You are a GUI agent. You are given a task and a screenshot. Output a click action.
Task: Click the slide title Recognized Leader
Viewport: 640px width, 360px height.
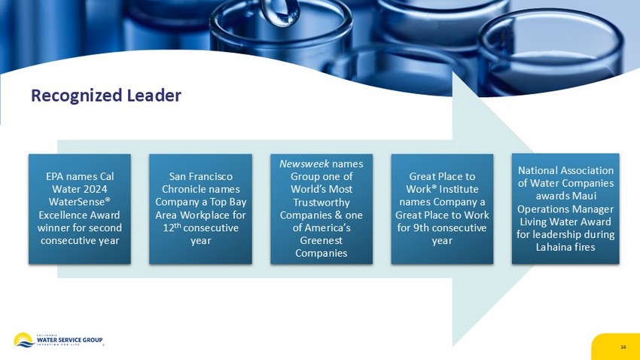coord(106,96)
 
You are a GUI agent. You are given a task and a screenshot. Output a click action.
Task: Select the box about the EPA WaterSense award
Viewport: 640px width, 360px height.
coord(80,209)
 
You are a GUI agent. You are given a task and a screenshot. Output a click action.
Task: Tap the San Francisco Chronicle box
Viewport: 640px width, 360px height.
coord(200,209)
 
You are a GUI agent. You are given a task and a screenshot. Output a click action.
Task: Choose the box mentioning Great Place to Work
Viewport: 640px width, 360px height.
coord(442,209)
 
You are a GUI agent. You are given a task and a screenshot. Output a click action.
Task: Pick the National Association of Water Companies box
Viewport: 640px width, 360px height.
coord(565,209)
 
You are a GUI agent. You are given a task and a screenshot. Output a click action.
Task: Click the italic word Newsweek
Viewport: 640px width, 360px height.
coord(304,163)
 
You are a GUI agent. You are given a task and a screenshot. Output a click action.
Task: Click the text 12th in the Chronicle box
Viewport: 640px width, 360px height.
coord(172,227)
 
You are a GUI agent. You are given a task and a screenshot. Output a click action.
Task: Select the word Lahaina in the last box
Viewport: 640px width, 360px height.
coord(552,247)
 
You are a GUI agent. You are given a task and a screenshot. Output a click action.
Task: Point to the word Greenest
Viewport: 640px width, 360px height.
coord(322,240)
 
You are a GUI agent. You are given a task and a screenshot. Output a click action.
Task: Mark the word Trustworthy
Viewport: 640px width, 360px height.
coord(322,203)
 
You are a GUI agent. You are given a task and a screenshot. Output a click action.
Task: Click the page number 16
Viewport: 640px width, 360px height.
coord(623,347)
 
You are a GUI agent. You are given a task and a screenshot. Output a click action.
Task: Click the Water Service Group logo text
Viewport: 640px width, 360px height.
coord(69,340)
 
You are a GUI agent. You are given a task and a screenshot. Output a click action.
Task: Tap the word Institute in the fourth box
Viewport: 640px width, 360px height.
coord(459,189)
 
